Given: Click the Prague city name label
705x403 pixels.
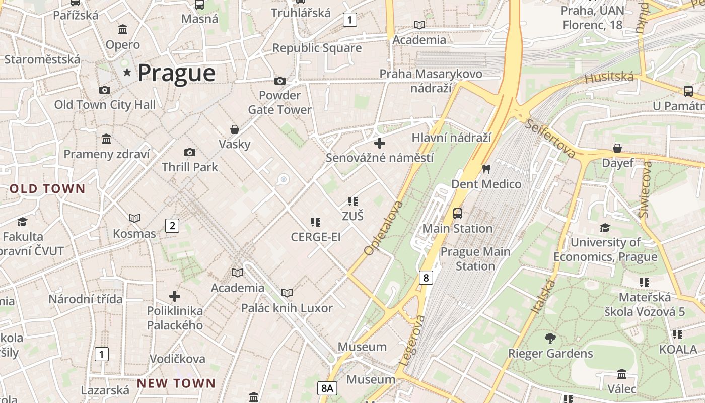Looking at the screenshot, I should tap(176, 73).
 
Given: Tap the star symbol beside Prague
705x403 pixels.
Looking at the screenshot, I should tap(127, 73).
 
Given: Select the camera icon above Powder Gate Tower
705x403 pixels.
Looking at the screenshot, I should tap(279, 81).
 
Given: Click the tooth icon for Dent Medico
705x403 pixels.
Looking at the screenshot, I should tap(486, 169).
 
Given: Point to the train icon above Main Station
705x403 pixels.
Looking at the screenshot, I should tap(457, 213).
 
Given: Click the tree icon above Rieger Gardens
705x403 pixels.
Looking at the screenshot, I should tap(550, 338).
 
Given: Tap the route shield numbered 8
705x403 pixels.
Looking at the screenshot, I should tap(426, 277).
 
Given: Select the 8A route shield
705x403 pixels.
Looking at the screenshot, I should tap(327, 388).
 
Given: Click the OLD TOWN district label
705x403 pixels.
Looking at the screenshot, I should tap(48, 189).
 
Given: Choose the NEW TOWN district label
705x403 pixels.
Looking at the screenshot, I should tap(176, 383).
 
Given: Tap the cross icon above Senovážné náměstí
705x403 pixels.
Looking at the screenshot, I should tap(380, 143).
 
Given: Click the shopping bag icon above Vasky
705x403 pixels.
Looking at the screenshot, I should tap(234, 129).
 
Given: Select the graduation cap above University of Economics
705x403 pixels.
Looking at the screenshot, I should tap(605, 228).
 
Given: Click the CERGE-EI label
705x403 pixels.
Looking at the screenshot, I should tap(316, 237).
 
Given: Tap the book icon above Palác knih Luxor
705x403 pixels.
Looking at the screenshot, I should tap(287, 293).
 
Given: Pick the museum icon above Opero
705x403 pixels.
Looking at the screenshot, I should tap(122, 30).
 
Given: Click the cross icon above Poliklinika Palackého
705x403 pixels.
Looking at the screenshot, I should tap(175, 296).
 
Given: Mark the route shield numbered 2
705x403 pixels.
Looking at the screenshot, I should tap(172, 225).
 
